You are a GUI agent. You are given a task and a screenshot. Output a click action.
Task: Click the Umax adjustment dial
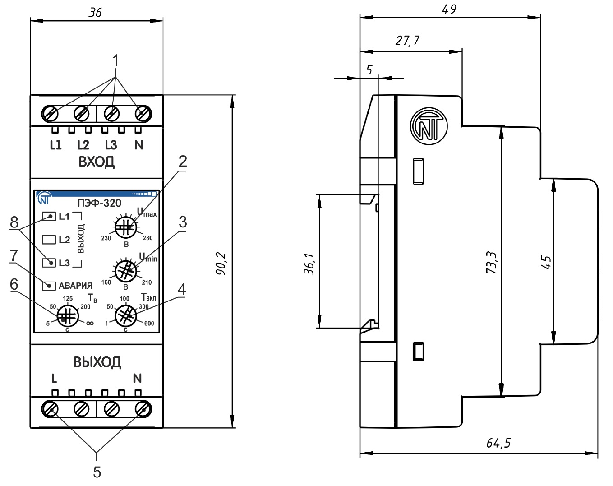(x=126, y=227)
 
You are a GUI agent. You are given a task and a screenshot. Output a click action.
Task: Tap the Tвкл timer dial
(x=126, y=315)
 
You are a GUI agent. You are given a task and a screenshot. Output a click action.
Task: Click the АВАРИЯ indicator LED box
(x=49, y=286)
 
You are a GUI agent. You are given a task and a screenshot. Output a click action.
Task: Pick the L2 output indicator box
(x=49, y=240)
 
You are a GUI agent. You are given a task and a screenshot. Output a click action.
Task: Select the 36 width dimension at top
(x=95, y=12)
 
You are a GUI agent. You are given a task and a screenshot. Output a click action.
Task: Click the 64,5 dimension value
(x=498, y=443)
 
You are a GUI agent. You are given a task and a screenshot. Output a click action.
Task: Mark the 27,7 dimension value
(x=407, y=41)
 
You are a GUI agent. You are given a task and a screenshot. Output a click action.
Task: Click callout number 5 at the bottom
(x=97, y=472)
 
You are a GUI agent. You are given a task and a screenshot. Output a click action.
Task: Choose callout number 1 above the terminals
(x=116, y=60)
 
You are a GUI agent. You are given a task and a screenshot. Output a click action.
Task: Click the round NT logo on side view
(x=429, y=126)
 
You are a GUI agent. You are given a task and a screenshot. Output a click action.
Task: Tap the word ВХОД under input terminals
(x=97, y=162)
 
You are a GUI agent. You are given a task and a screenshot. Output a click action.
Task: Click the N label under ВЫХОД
(x=138, y=378)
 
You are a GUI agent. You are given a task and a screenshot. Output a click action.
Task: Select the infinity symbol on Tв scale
(x=89, y=323)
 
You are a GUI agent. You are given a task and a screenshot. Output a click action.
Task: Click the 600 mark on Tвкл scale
(x=149, y=323)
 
